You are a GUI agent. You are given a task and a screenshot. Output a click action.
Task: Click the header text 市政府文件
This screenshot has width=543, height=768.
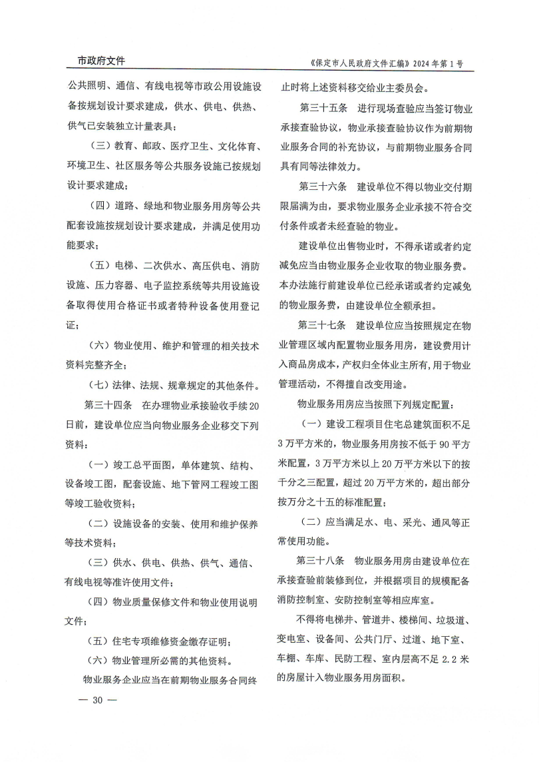pos(96,61)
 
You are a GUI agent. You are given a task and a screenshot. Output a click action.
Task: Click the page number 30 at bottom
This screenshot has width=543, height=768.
pos(96,700)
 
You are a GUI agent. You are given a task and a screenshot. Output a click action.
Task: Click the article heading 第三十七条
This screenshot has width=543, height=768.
pos(322,325)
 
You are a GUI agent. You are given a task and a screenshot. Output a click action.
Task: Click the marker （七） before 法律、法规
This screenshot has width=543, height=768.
pos(99,385)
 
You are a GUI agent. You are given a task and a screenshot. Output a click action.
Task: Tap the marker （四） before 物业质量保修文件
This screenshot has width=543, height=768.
pos(99,602)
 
